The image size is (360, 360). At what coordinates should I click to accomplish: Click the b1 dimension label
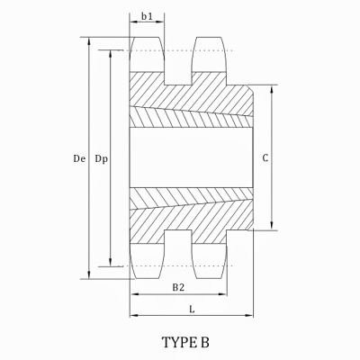point(148,16)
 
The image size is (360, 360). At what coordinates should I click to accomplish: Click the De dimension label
point(79,158)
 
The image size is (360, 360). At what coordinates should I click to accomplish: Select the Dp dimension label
point(102,158)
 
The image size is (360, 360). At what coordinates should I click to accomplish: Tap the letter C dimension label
point(265,158)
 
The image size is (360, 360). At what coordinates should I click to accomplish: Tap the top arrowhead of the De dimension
point(88,41)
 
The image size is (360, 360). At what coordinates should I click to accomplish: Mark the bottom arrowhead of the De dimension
point(88,275)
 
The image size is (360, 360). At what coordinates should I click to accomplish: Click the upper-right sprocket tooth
point(209,56)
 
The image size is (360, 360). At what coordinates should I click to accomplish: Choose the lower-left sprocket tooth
point(148,261)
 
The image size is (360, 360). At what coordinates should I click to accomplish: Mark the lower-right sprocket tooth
point(209,261)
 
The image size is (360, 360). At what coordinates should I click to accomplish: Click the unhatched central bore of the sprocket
point(189,158)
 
